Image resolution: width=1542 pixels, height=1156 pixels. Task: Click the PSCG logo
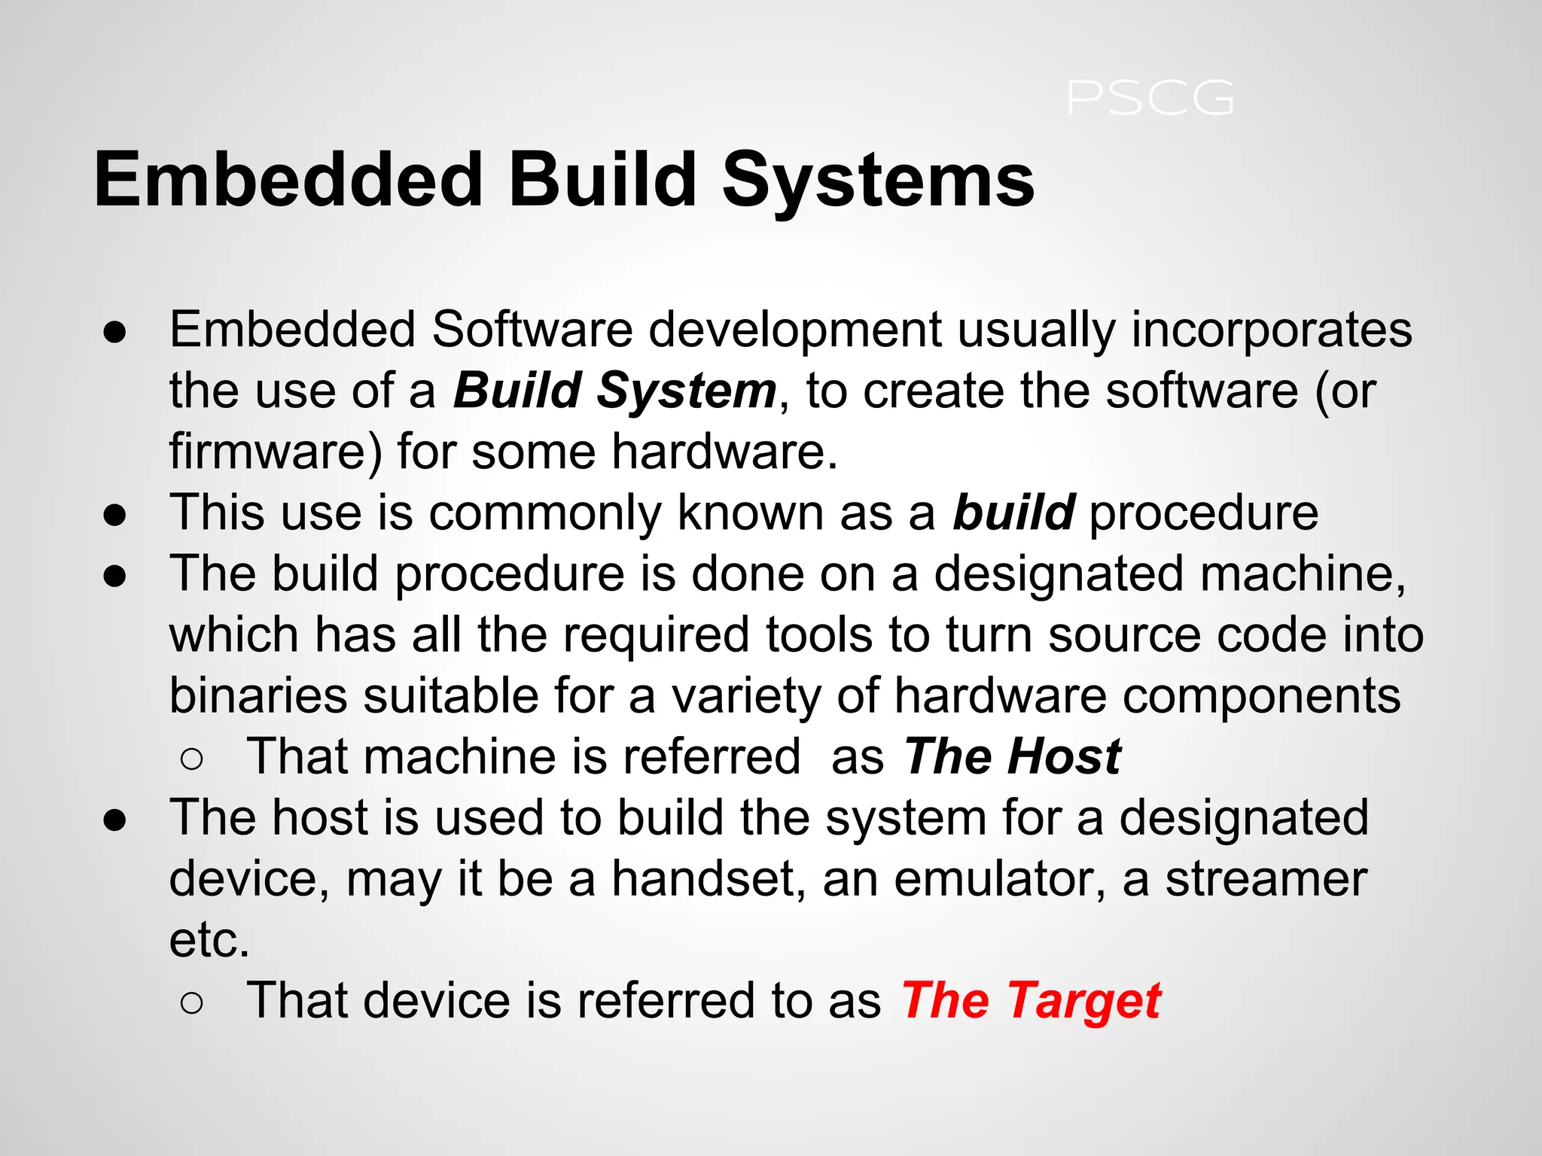[1150, 99]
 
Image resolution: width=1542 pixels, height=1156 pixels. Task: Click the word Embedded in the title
[288, 180]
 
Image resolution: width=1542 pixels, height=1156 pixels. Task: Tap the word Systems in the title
[878, 180]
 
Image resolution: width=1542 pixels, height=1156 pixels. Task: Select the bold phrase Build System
[614, 391]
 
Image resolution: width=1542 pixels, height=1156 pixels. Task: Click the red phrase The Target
[1031, 1002]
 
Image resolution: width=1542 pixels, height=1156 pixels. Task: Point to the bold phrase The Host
[1012, 757]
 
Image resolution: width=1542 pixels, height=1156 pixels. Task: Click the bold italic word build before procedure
[1013, 513]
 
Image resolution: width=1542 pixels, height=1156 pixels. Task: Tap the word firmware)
[276, 452]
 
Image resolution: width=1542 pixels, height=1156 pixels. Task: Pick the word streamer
[1266, 879]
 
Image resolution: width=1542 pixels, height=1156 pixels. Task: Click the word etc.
[209, 940]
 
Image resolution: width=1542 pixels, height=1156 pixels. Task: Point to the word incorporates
[1272, 330]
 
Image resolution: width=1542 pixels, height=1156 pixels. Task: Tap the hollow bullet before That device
[192, 1003]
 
